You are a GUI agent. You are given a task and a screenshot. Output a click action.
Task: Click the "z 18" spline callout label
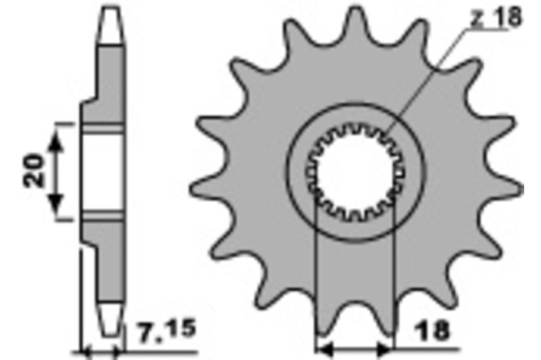tap(496, 17)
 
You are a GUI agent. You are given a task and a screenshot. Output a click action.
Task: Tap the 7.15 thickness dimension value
tap(167, 332)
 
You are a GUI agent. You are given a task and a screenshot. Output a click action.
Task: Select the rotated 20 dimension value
tap(35, 171)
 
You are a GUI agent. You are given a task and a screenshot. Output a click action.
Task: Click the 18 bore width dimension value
tap(434, 331)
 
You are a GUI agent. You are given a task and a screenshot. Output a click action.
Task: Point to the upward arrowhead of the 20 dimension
tap(56, 142)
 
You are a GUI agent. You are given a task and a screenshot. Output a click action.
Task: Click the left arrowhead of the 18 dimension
tap(325, 350)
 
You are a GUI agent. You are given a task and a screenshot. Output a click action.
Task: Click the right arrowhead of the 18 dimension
tap(384, 350)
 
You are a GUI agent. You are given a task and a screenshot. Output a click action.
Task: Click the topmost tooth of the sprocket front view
tap(355, 21)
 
